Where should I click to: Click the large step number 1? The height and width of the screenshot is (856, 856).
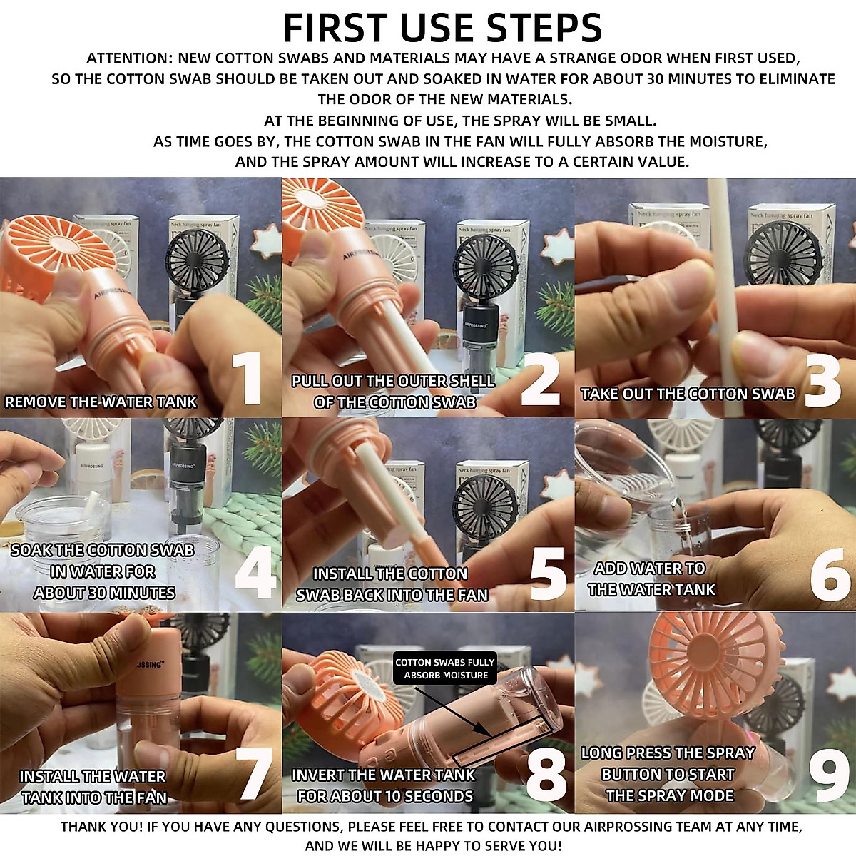[x=248, y=378]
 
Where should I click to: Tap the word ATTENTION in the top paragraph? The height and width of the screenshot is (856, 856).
[x=129, y=58]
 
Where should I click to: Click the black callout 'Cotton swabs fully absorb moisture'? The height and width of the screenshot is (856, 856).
[x=445, y=668]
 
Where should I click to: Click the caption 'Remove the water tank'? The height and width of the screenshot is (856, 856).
[x=101, y=402]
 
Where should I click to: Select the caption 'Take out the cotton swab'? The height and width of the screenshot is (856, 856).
[x=688, y=394]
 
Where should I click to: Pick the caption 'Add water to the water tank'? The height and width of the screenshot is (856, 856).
[x=651, y=579]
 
